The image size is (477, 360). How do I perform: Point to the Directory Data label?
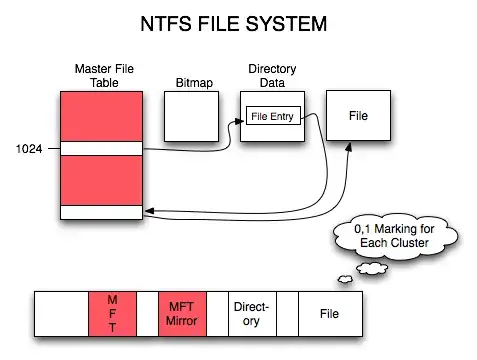coord(271,75)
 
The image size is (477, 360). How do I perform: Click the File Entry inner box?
coord(273,117)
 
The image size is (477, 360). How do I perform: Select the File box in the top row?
coord(357,117)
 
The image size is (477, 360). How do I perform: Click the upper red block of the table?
coord(101,116)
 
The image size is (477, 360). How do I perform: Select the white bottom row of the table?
coord(101,212)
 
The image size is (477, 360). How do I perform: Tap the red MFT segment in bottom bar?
coord(111,313)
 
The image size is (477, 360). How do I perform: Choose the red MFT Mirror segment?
coord(182,313)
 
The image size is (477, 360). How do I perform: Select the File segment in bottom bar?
coord(329,313)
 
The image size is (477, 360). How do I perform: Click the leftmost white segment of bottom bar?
coord(61,313)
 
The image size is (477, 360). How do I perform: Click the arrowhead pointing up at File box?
coord(348,146)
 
